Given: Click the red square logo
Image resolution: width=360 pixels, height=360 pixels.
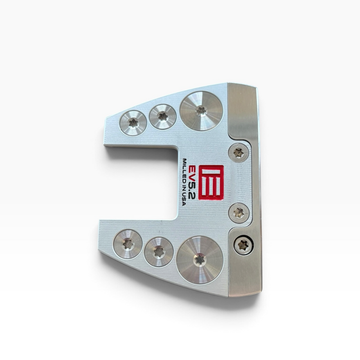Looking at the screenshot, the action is pos(211,182).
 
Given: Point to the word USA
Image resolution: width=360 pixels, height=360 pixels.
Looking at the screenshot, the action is pos(184,199).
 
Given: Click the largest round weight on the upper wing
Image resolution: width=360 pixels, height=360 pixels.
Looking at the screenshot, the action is pos(201,111).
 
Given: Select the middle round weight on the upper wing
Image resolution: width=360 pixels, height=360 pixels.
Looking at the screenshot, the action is pos(163,117).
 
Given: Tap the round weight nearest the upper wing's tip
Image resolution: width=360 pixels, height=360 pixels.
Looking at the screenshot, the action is pos(133,123).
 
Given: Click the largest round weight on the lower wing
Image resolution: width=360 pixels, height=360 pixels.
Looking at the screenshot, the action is pos(200,260).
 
